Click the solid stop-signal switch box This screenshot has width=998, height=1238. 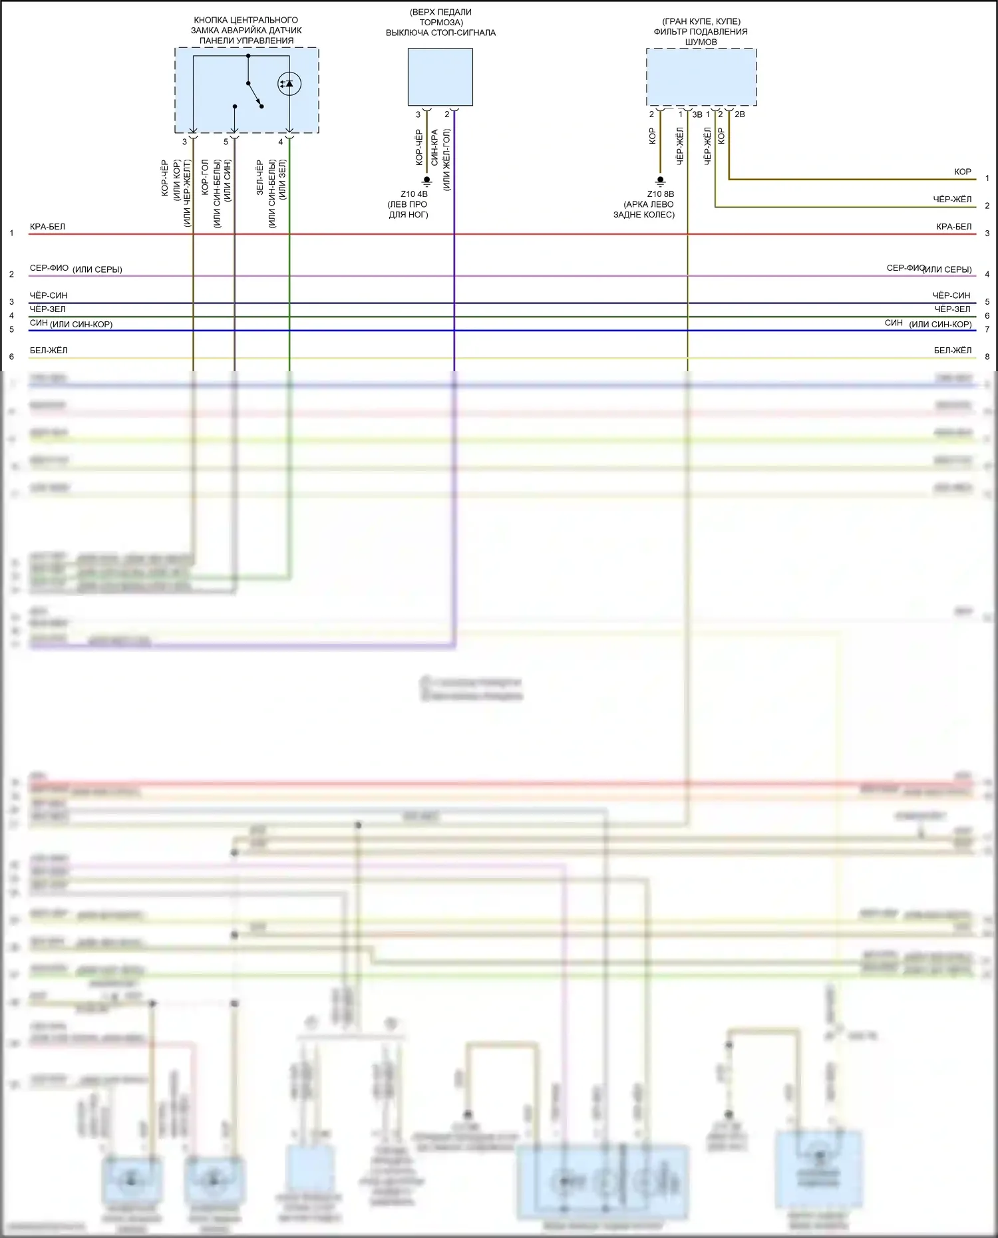pyautogui.click(x=440, y=77)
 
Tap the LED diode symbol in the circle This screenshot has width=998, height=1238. pyautogui.click(x=289, y=84)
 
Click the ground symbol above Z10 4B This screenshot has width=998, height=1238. pyautogui.click(x=427, y=181)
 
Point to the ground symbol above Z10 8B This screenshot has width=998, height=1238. pyautogui.click(x=660, y=181)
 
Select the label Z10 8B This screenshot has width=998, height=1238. pyautogui.click(x=660, y=194)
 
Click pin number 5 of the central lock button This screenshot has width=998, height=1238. pyautogui.click(x=226, y=142)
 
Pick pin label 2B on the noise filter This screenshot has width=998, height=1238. pyautogui.click(x=739, y=114)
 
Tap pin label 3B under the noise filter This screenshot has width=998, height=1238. pyautogui.click(x=697, y=114)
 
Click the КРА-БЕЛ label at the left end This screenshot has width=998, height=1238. pyautogui.click(x=47, y=227)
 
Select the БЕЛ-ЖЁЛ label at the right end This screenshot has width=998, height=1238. pyautogui.click(x=952, y=351)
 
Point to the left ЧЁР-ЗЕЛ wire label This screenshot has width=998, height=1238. pyautogui.click(x=47, y=309)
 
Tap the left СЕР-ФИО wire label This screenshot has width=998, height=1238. pyautogui.click(x=49, y=268)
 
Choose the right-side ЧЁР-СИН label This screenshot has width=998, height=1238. pyautogui.click(x=951, y=295)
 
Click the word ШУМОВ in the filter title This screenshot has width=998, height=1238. pyautogui.click(x=701, y=42)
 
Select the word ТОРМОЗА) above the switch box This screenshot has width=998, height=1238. pyautogui.click(x=440, y=22)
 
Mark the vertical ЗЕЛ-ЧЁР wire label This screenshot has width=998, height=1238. pyautogui.click(x=259, y=177)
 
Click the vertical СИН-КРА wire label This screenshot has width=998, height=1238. pyautogui.click(x=434, y=148)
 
